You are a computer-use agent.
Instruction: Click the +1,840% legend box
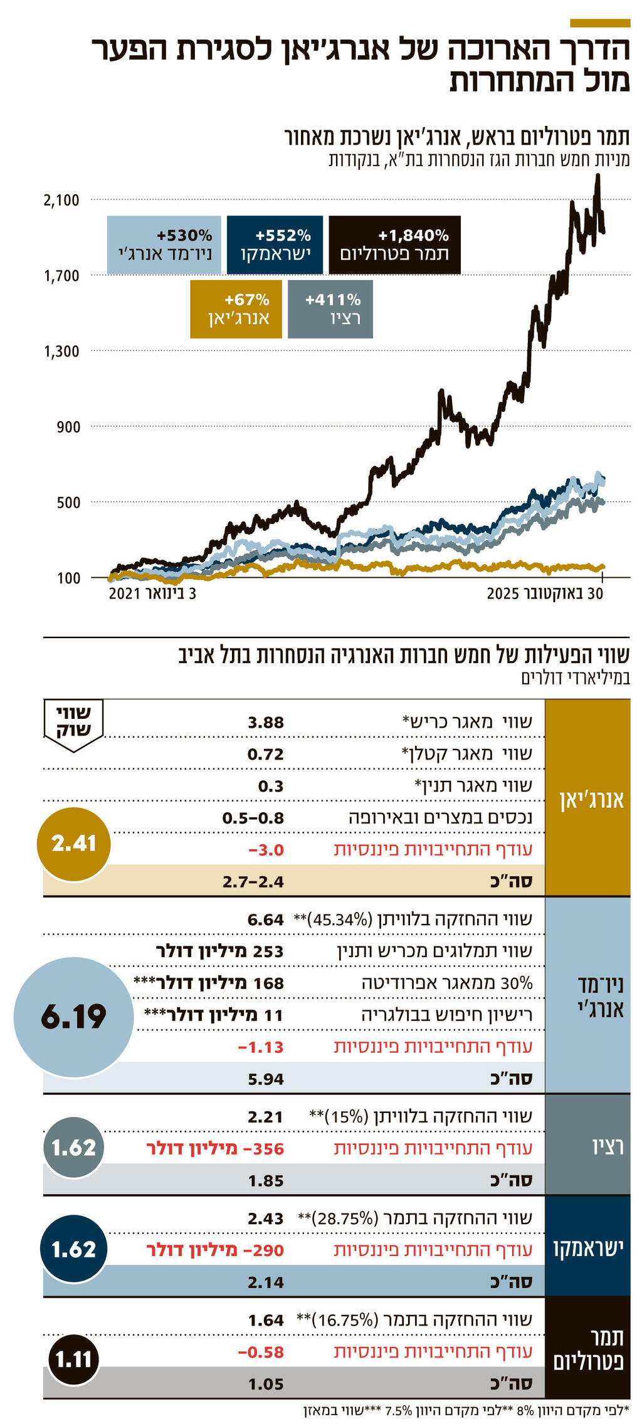coord(394,245)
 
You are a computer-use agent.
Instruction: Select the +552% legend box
coord(275,245)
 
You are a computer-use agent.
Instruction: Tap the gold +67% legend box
coord(236,309)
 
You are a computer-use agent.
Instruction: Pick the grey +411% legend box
coord(330,309)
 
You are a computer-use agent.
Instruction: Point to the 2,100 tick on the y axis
coord(61,201)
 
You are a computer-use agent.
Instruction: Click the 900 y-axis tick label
coord(68,427)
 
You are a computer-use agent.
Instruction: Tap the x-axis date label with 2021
coord(152,594)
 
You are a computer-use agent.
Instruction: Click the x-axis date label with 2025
coord(545,594)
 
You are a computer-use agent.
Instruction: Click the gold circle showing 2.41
coord(74,844)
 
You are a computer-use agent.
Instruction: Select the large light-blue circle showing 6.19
coord(74,1017)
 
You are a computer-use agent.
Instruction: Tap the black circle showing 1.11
coord(74,1359)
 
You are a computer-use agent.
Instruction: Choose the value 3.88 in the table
coord(266,723)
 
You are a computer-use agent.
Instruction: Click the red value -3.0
coord(266,851)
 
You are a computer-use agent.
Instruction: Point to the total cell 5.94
coord(266,1079)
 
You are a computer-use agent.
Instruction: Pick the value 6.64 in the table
coord(266,920)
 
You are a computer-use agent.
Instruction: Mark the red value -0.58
coord(261,1353)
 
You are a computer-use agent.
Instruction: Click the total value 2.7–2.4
coord(253,882)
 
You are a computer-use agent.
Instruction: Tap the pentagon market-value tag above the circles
coord(74,724)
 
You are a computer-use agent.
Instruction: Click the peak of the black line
coord(597,176)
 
